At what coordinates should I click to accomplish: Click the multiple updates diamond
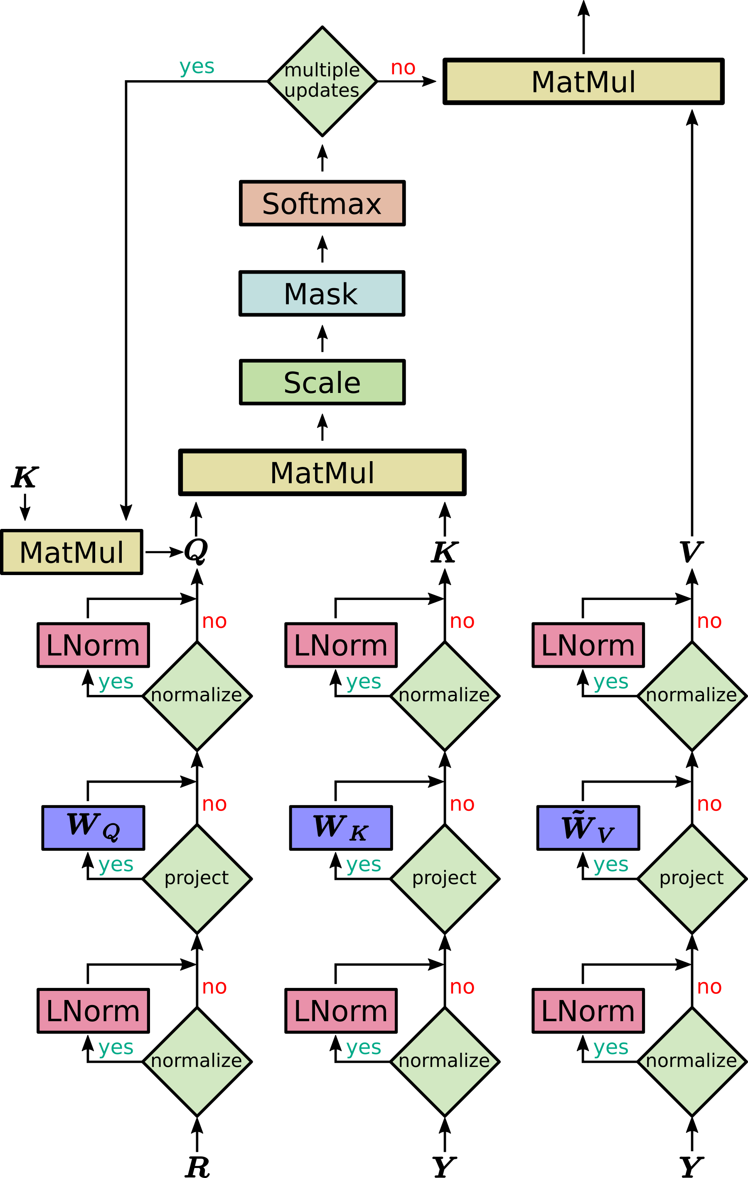pyautogui.click(x=322, y=81)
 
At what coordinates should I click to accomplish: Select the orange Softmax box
pyautogui.click(x=322, y=203)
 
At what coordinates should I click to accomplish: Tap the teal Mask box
pyautogui.click(x=322, y=293)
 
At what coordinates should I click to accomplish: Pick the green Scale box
pyautogui.click(x=322, y=382)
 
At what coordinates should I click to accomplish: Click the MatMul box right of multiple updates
pyautogui.click(x=583, y=81)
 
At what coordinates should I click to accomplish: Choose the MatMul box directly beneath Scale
pyautogui.click(x=322, y=472)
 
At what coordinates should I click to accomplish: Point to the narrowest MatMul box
pyautogui.click(x=71, y=552)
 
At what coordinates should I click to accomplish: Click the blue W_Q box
pyautogui.click(x=93, y=828)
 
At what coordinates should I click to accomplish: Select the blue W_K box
pyautogui.click(x=341, y=828)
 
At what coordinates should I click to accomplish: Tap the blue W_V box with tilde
pyautogui.click(x=588, y=828)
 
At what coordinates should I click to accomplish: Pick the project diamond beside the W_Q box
pyautogui.click(x=197, y=879)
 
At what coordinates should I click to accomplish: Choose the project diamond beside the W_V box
pyautogui.click(x=692, y=879)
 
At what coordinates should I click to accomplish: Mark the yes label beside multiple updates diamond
pyautogui.click(x=197, y=67)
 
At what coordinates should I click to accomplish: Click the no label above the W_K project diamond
pyautogui.click(x=462, y=804)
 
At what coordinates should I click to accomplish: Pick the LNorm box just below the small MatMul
pyautogui.click(x=93, y=645)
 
